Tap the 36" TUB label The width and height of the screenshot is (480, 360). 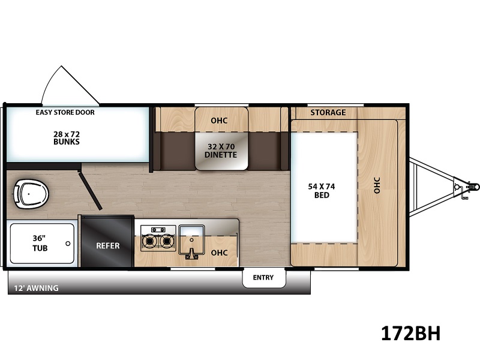tap(40, 243)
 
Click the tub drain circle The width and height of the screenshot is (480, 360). tap(68, 244)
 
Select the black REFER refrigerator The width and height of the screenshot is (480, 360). tap(107, 242)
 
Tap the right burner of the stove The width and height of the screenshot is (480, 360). tap(167, 241)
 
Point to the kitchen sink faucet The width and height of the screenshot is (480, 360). tap(192, 254)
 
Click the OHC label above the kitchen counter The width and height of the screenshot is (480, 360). tap(219, 253)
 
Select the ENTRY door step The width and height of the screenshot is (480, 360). tap(263, 278)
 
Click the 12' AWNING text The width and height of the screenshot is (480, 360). tap(36, 288)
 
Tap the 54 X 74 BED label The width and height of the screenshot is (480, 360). tap(322, 191)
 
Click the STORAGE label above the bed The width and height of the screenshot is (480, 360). tap(328, 112)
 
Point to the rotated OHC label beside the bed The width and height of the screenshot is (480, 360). tap(377, 185)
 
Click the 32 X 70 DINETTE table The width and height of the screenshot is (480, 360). tap(221, 151)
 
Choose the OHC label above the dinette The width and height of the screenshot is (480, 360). tap(219, 121)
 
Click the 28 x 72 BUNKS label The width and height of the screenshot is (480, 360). tap(67, 138)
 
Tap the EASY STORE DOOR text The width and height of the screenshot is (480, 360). tap(65, 112)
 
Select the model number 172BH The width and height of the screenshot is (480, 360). tap(410, 333)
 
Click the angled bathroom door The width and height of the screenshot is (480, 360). tap(89, 191)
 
